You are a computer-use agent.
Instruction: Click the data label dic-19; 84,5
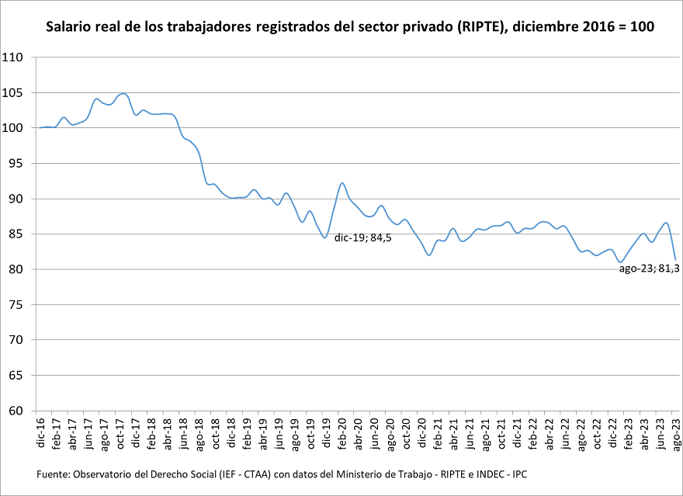[362, 238]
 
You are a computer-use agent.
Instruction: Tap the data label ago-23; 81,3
[649, 269]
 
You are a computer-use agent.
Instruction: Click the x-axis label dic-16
[40, 432]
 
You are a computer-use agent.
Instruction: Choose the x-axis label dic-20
[421, 432]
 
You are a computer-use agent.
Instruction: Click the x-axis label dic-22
[612, 432]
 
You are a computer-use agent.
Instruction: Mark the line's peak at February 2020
[342, 183]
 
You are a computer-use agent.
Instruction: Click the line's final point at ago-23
[676, 260]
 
